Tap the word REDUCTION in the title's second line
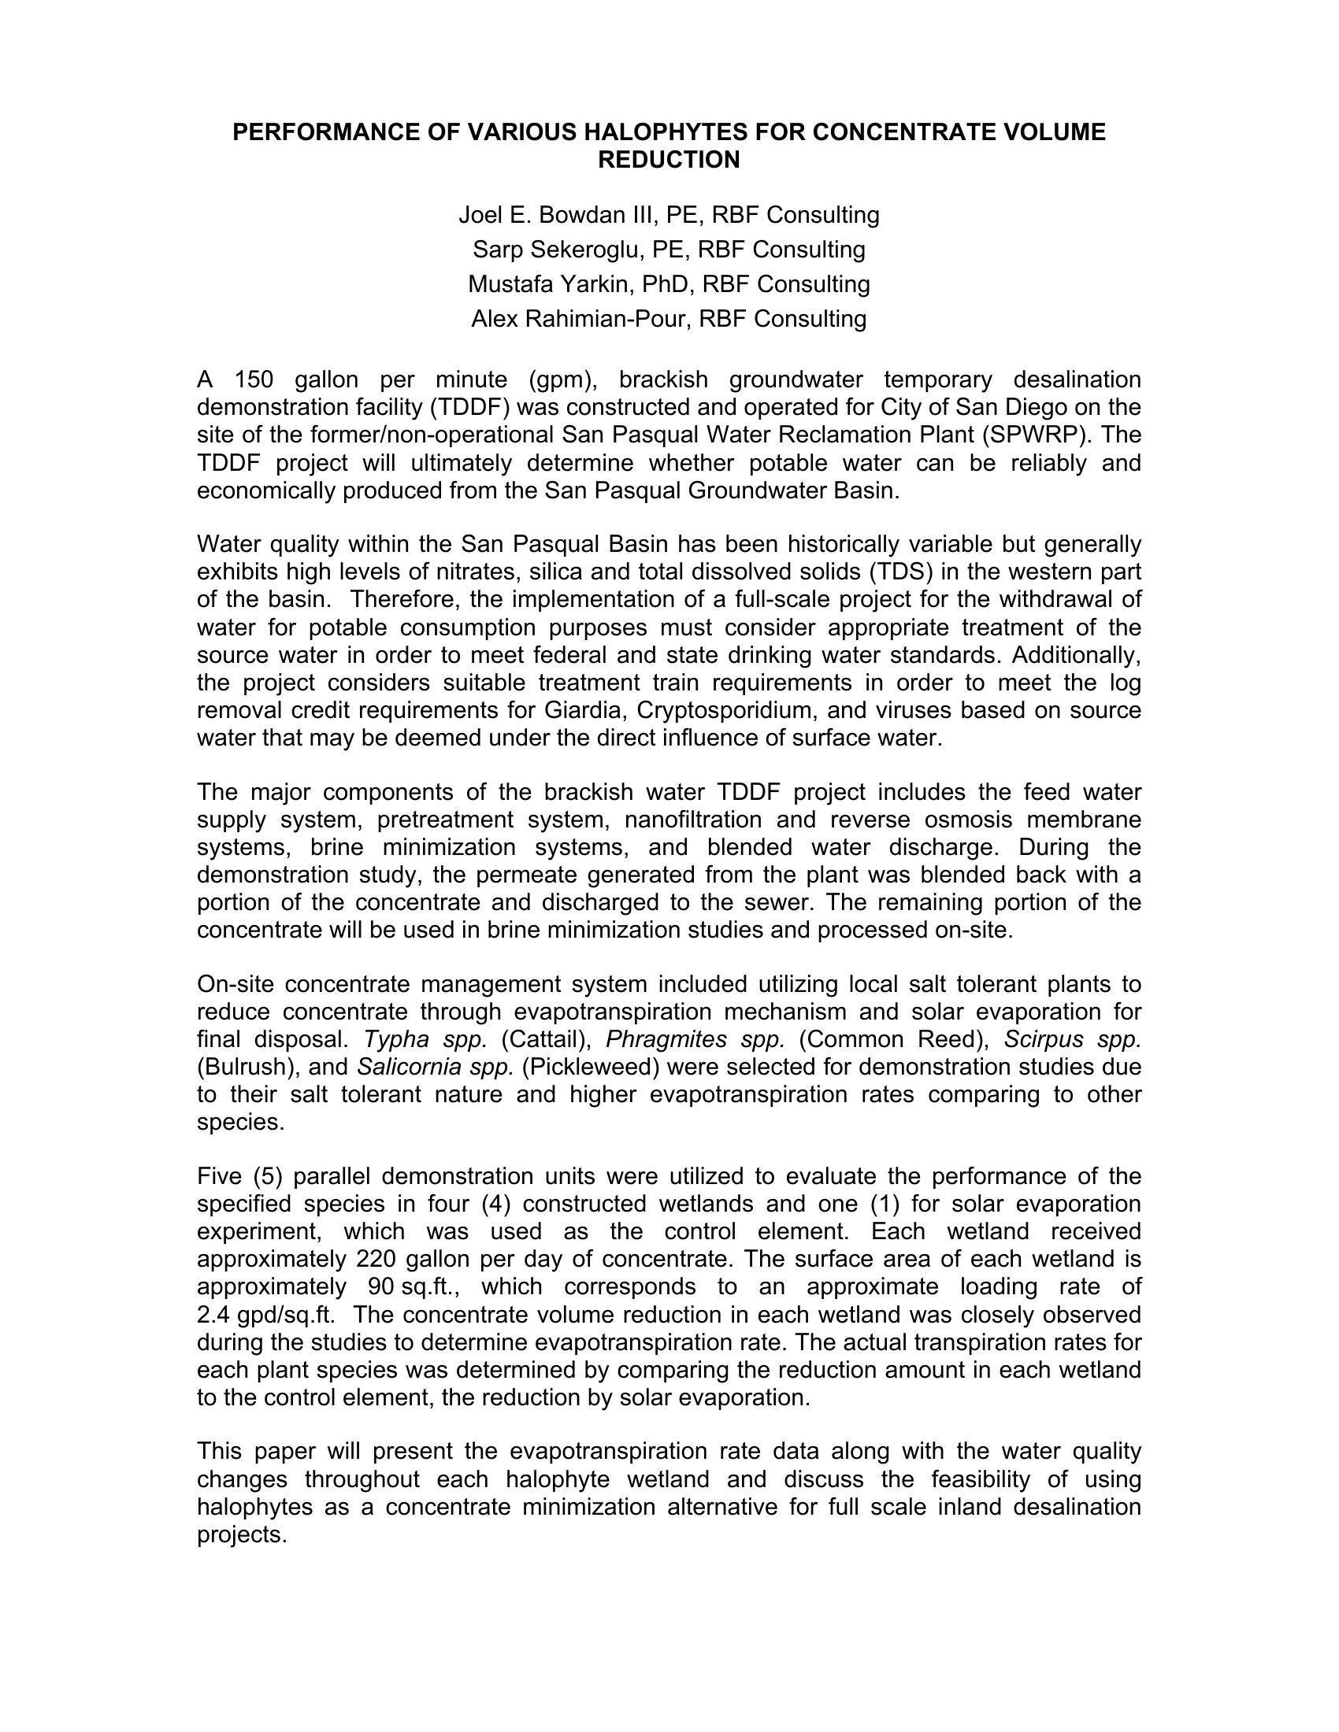(x=669, y=160)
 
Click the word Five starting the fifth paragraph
(x=219, y=1176)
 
